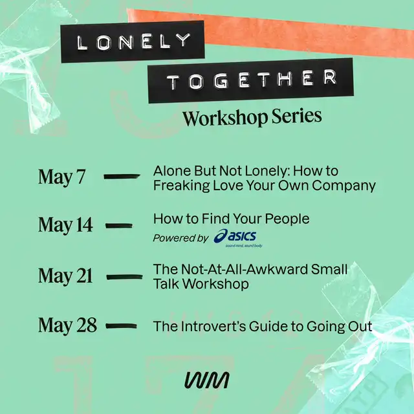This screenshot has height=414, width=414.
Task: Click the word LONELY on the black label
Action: [133, 41]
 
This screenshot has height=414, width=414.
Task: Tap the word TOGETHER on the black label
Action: [252, 79]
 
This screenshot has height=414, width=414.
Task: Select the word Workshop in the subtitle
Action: [225, 118]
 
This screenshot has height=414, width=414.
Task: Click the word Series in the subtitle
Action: [297, 116]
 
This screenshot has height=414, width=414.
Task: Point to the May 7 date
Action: [62, 177]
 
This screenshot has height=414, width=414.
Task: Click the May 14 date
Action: [65, 225]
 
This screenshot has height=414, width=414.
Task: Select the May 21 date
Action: [65, 276]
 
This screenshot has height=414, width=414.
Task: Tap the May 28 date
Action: [67, 325]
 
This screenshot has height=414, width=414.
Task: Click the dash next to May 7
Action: [122, 177]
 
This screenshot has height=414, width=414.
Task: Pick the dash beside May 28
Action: [121, 326]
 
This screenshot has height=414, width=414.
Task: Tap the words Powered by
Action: [181, 238]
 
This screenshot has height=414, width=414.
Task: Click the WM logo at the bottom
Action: [207, 380]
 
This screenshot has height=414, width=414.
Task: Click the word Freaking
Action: [181, 186]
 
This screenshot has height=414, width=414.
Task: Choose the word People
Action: [287, 219]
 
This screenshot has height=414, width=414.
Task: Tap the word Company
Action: [343, 186]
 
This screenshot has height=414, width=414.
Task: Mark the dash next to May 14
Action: [119, 226]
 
